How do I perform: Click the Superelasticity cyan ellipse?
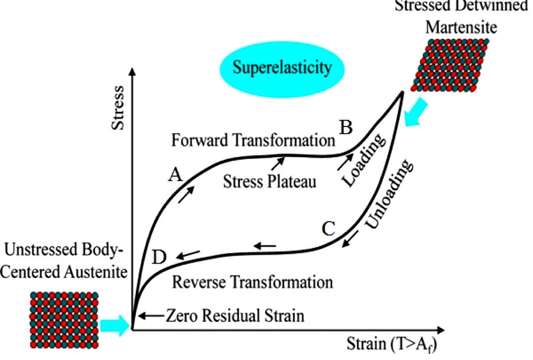281,68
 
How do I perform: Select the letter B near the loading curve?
346,127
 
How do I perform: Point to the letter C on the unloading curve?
330,228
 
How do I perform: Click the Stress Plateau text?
269,180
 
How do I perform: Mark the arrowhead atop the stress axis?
135,72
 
